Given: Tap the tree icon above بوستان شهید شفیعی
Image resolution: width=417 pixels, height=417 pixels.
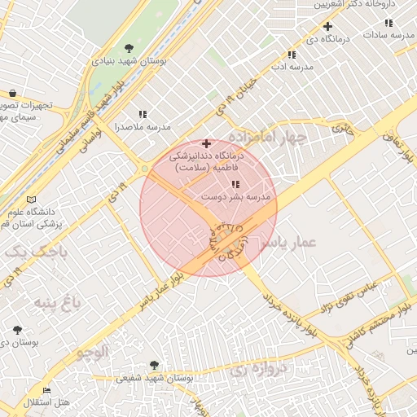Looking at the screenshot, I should (x=155, y=366).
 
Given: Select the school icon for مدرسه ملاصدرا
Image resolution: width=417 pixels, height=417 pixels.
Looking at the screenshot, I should (x=143, y=115).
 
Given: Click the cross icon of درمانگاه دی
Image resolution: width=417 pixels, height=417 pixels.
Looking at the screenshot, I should (x=327, y=26).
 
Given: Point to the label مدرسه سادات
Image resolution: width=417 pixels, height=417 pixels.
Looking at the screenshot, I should (x=384, y=35).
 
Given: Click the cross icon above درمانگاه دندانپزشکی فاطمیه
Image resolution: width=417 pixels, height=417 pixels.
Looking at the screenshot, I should (x=206, y=143).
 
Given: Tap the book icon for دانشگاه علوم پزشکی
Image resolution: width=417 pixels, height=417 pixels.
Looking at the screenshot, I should (x=31, y=200).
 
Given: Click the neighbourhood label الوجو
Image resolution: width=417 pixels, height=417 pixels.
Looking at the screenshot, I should (x=91, y=352).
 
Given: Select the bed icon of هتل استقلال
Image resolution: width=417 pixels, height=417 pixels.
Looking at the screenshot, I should (x=46, y=391).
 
